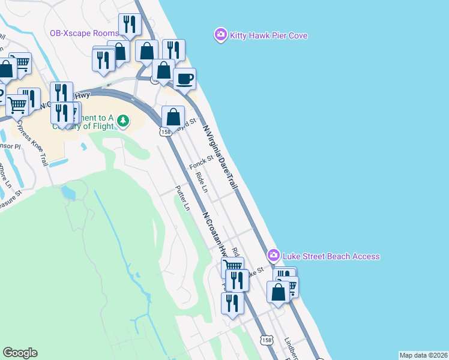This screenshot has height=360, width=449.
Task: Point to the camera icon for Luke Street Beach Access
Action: pyautogui.click(x=274, y=256)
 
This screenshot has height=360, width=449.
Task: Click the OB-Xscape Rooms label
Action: pyautogui.click(x=84, y=33)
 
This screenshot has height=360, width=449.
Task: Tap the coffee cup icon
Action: pyautogui.click(x=185, y=79)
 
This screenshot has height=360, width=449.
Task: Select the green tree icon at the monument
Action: pyautogui.click(x=123, y=121)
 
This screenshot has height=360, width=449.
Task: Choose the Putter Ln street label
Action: pyautogui.click(x=182, y=198)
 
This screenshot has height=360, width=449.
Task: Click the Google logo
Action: pyautogui.click(x=20, y=353)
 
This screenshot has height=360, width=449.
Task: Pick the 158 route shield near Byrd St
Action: pyautogui.click(x=164, y=131)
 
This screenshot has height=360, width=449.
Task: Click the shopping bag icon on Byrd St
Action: pyautogui.click(x=173, y=116)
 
